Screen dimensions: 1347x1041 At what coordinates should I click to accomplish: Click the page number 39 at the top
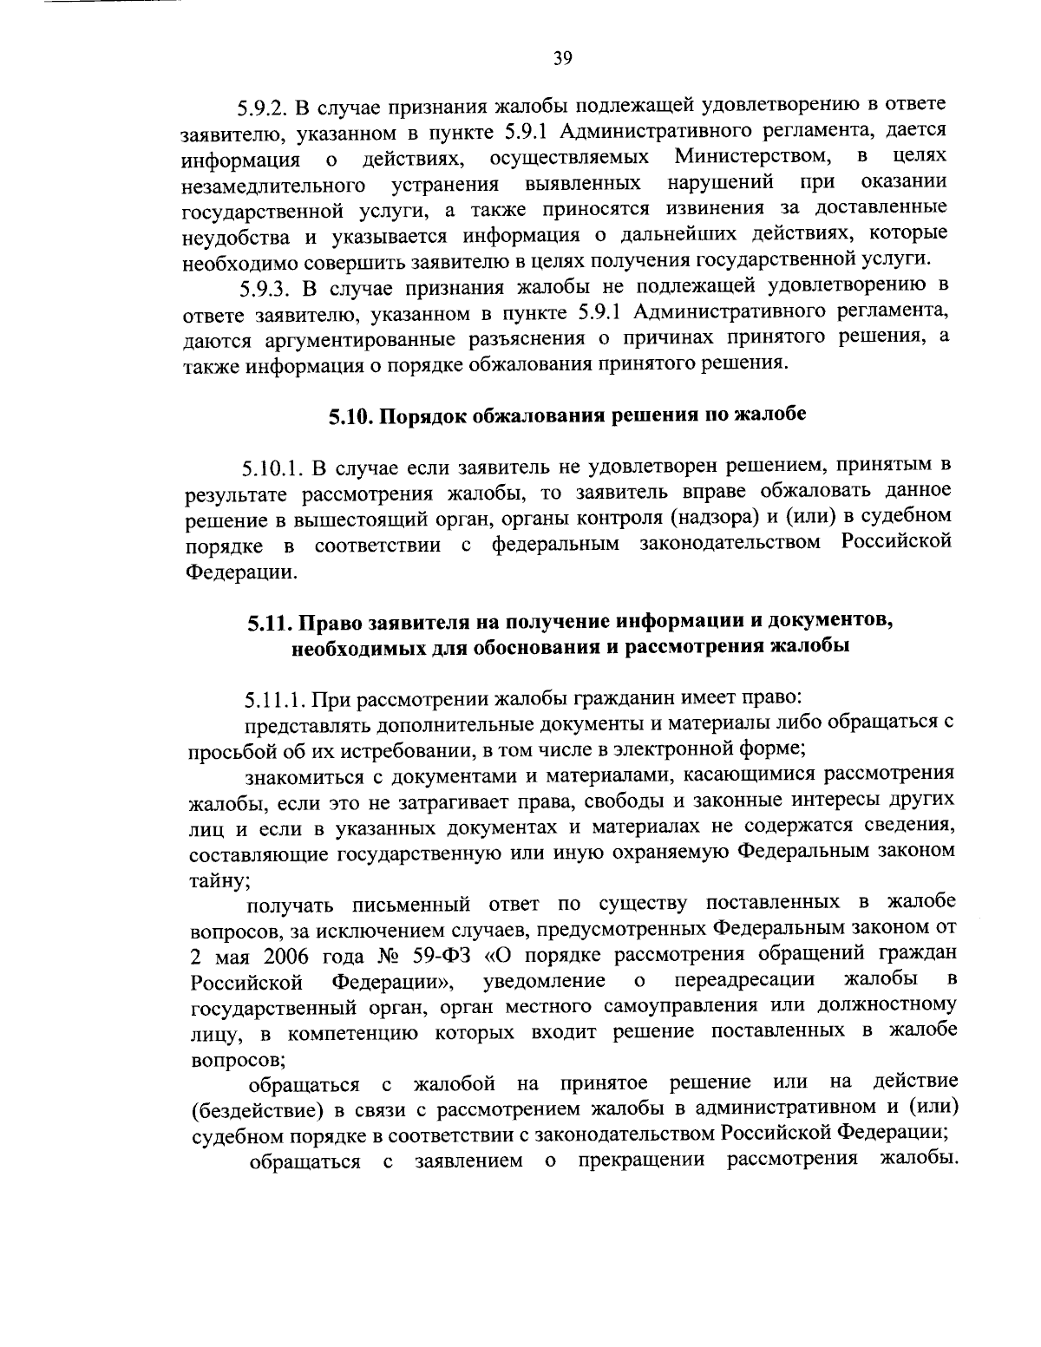coord(561,58)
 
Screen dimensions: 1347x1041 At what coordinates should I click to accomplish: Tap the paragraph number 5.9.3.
coord(265,287)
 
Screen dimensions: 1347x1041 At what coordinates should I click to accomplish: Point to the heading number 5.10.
coord(350,416)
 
